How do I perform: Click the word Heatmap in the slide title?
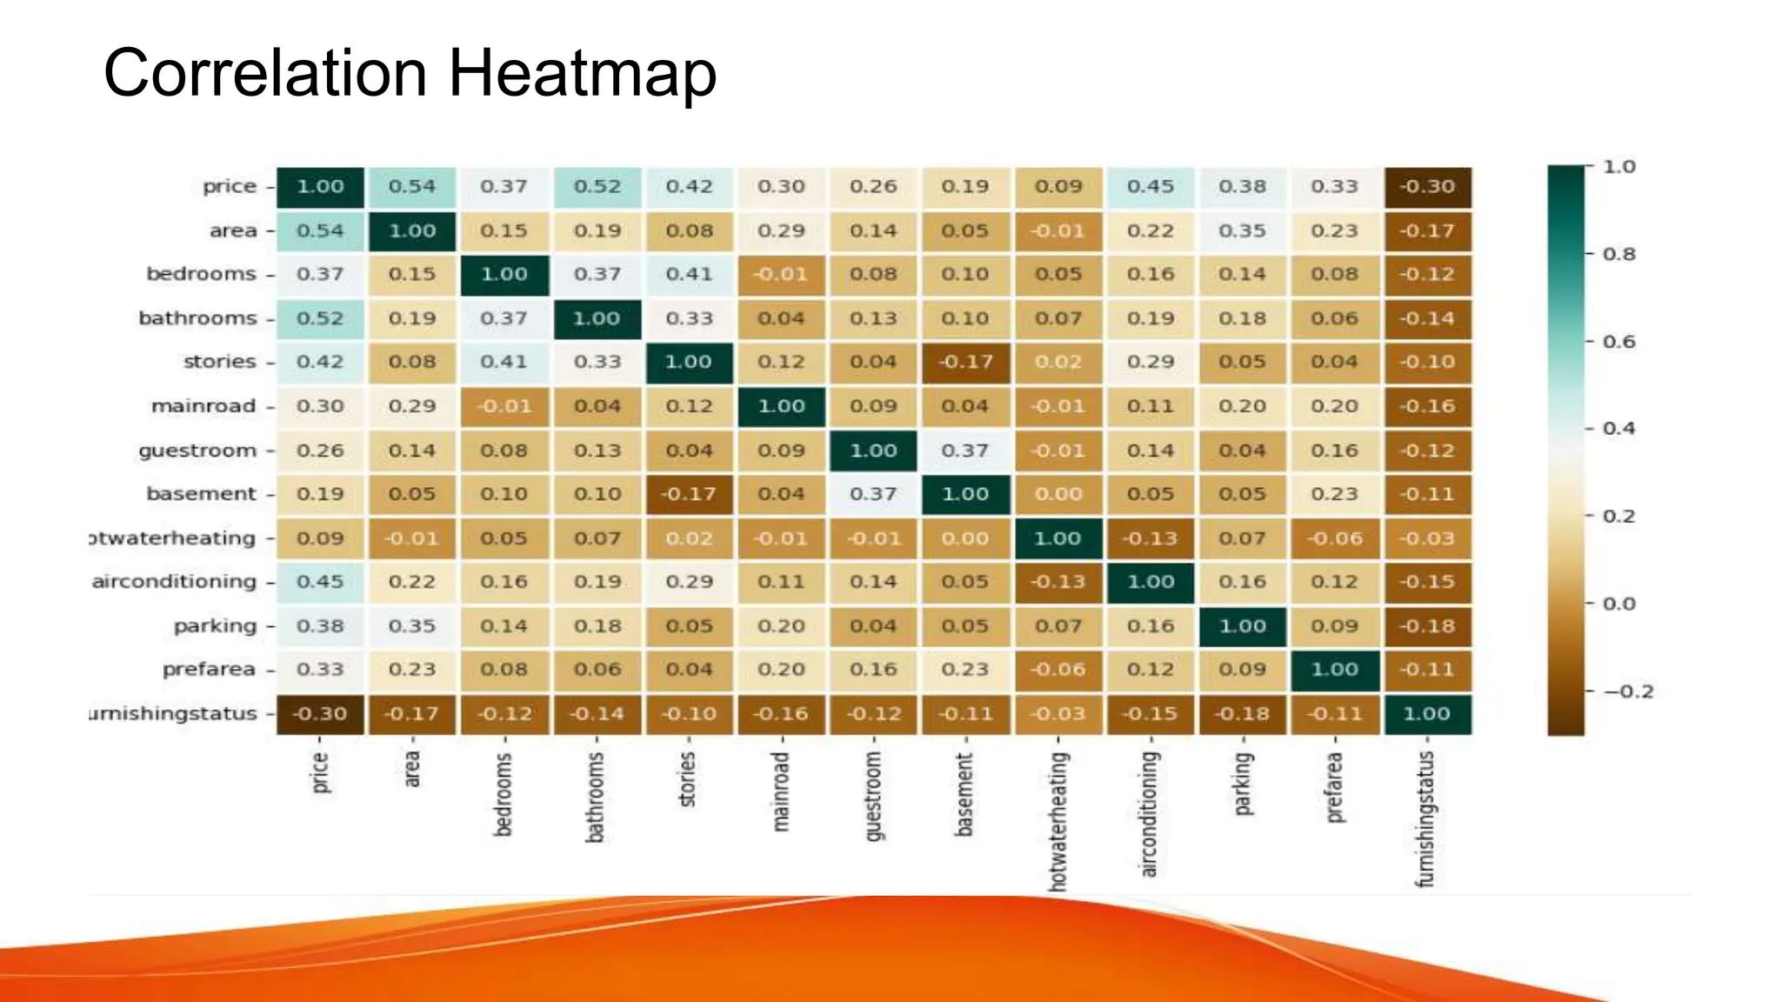pyautogui.click(x=582, y=74)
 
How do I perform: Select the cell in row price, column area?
pyautogui.click(x=412, y=187)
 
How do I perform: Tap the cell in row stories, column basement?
pyautogui.click(x=965, y=362)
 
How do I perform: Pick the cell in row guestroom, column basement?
pyautogui.click(x=965, y=451)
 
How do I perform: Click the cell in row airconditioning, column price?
pyautogui.click(x=320, y=582)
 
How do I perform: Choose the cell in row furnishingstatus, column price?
pyautogui.click(x=320, y=714)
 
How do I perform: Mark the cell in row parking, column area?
pyautogui.click(x=412, y=626)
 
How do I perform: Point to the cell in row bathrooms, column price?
pyautogui.click(x=320, y=318)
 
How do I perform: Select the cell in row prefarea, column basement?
pyautogui.click(x=965, y=670)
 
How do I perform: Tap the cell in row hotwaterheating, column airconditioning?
pyautogui.click(x=1150, y=538)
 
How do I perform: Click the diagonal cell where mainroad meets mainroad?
pyautogui.click(x=781, y=406)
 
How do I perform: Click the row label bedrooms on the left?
pyautogui.click(x=201, y=274)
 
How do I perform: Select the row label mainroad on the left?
pyautogui.click(x=203, y=406)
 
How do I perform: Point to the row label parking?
pyautogui.click(x=215, y=626)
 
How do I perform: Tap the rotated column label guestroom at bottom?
pyautogui.click(x=873, y=796)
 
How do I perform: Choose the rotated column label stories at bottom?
pyautogui.click(x=688, y=779)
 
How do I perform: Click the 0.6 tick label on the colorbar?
pyautogui.click(x=1619, y=342)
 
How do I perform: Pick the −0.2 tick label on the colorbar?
pyautogui.click(x=1627, y=691)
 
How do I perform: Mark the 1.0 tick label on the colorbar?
pyautogui.click(x=1619, y=167)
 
